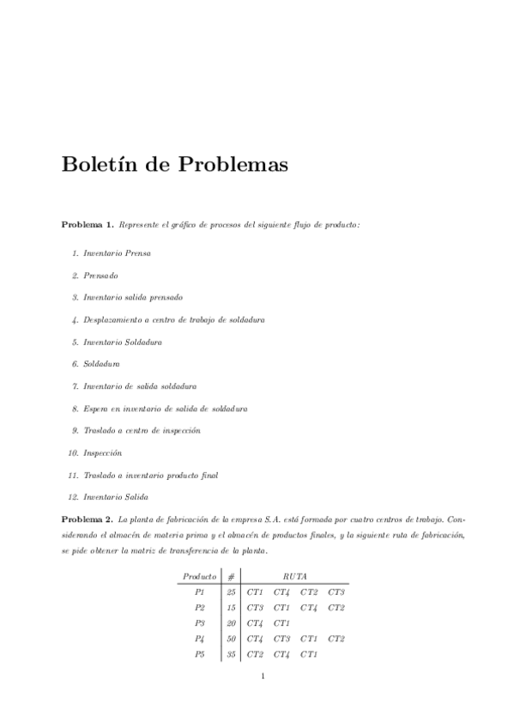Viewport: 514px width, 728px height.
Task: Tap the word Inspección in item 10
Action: coord(103,452)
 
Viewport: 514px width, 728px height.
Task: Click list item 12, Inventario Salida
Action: coord(116,497)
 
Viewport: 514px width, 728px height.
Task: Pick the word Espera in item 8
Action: coord(97,409)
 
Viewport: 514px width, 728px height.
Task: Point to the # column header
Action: coord(231,576)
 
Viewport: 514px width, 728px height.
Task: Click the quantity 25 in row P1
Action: coord(231,591)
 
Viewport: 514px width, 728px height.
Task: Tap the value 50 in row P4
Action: coord(231,639)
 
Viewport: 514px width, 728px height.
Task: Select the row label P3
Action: coord(200,623)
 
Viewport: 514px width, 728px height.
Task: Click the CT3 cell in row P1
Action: coord(336,591)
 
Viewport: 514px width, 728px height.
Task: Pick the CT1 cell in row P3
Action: coord(282,623)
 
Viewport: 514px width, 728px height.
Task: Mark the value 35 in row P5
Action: coord(231,654)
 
